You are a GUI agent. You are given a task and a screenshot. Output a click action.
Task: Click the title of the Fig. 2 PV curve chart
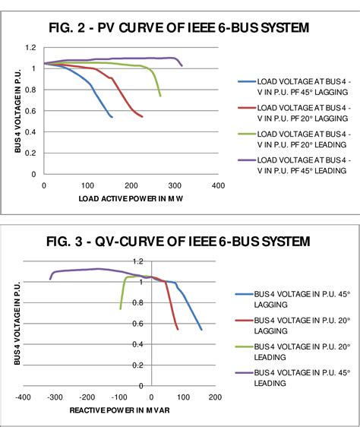pos(180,29)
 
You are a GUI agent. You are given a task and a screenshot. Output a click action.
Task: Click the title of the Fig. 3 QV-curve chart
pos(178,242)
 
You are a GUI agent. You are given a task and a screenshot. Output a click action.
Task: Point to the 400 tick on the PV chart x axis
pos(218,185)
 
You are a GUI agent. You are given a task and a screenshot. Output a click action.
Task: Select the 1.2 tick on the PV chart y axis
pos(31,48)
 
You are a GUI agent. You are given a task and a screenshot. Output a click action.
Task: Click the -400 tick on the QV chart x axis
pos(23,397)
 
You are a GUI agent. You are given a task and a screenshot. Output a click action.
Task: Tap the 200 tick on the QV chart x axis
pos(214,397)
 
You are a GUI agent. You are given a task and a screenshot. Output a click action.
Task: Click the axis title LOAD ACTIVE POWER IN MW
pos(131,199)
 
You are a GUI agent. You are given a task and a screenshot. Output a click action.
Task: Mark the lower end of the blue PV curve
pos(112,117)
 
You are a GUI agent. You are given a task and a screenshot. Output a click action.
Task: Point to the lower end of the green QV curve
pos(120,308)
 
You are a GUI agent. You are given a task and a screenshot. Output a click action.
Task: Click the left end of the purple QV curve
pos(50,279)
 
